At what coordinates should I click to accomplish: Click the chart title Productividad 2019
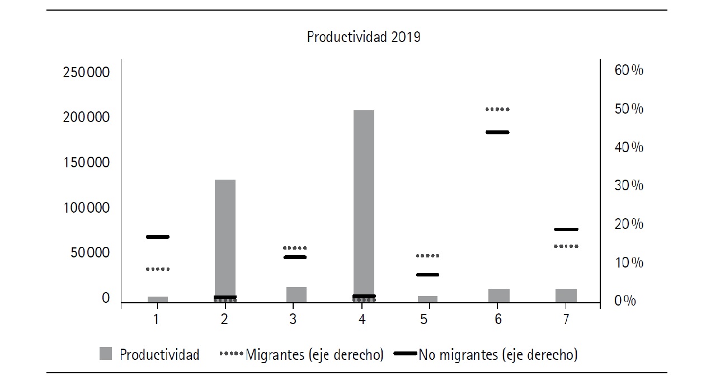click(364, 37)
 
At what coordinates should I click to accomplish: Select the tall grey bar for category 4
click(364, 204)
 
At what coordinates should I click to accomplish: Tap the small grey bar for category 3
click(296, 294)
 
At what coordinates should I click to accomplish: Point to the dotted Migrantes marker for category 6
click(497, 109)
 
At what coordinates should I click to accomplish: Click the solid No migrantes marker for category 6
click(497, 132)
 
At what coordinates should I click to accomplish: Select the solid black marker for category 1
click(158, 237)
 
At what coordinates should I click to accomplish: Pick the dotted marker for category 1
click(158, 269)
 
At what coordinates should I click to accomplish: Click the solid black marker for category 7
click(566, 229)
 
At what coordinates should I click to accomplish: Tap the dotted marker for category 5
click(428, 256)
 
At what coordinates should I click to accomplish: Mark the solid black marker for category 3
click(295, 257)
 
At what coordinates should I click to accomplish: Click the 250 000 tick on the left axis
click(86, 73)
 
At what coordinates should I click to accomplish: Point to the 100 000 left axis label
click(86, 208)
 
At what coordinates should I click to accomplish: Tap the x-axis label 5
click(424, 320)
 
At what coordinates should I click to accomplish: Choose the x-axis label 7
click(566, 320)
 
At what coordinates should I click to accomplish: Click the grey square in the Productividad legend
click(106, 354)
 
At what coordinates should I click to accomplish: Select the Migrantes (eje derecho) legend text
click(314, 355)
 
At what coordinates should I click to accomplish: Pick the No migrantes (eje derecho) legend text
click(498, 355)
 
